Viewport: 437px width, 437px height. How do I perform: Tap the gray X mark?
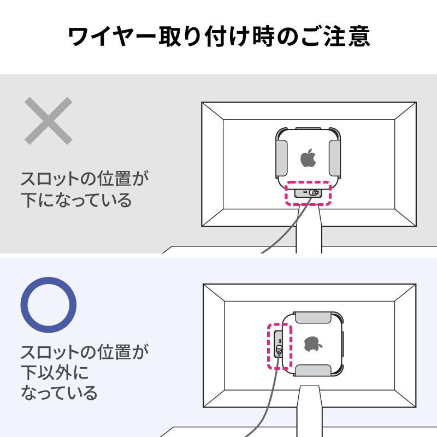(49, 120)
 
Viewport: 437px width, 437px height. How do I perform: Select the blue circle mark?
(48, 304)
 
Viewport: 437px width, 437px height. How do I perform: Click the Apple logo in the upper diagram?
(308, 158)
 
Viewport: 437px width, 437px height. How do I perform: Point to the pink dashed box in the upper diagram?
(309, 193)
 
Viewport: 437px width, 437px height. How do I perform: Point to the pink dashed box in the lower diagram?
(280, 346)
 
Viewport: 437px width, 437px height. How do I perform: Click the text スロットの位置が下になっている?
(85, 189)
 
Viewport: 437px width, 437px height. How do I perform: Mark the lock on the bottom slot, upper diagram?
(314, 193)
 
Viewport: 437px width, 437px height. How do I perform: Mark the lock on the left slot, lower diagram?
(279, 350)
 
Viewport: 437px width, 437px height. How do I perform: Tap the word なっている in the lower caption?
(60, 392)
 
